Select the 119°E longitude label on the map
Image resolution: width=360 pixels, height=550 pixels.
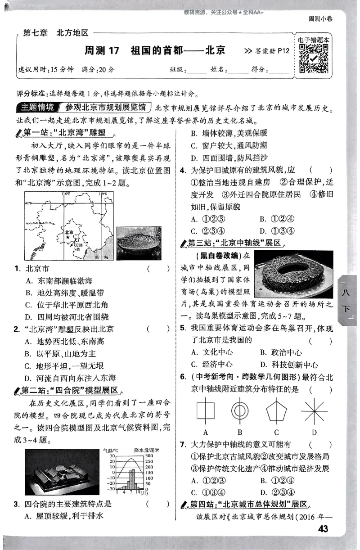tap(103, 194)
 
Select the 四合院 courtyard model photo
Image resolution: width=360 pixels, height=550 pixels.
tap(61, 470)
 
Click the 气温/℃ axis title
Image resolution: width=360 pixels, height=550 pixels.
tap(110, 450)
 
